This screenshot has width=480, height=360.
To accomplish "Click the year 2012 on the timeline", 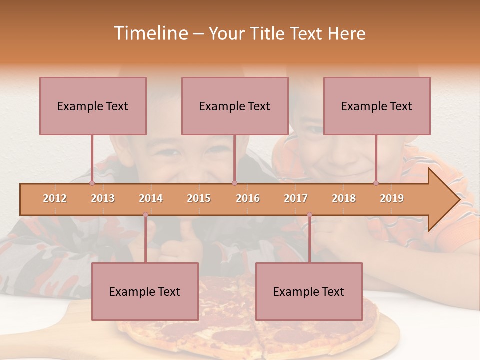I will (x=55, y=198).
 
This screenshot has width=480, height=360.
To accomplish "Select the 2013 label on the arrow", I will (x=103, y=198).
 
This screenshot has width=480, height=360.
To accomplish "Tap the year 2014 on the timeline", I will (x=151, y=198).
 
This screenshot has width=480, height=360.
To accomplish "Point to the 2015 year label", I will (x=199, y=198).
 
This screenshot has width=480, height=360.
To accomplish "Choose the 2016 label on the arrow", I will (x=248, y=198).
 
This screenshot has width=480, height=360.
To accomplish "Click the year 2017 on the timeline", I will (x=296, y=198).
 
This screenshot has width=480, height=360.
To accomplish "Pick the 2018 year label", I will (x=344, y=198).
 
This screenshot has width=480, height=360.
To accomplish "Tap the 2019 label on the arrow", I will (x=392, y=198).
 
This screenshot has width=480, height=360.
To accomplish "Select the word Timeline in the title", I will (x=149, y=33).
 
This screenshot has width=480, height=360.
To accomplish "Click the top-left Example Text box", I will (x=93, y=106).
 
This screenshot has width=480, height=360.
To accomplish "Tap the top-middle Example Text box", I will (x=235, y=106).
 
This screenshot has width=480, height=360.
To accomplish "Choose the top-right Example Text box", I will (x=377, y=106).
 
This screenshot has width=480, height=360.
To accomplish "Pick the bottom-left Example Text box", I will (x=145, y=291).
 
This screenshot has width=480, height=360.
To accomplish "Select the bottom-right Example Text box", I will (x=309, y=291).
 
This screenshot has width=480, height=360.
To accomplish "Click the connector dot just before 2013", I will (x=92, y=183).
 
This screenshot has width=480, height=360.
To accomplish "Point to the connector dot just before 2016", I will (x=234, y=183).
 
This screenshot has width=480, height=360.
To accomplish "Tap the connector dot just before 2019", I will (x=376, y=183).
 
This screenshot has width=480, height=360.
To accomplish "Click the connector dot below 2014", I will (x=145, y=215).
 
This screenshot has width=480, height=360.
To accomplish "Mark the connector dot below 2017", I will (x=309, y=215).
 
